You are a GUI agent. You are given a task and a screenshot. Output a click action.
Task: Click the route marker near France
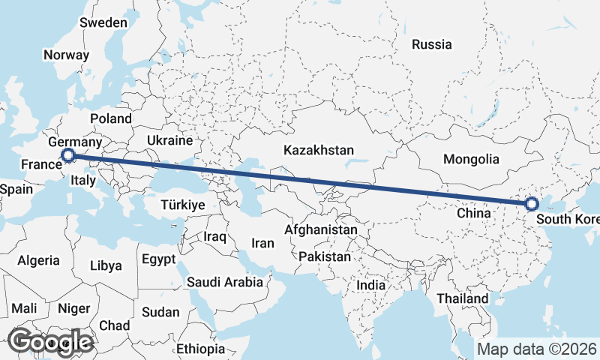[68, 155]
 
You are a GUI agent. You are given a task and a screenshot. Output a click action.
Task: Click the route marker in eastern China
[531, 203]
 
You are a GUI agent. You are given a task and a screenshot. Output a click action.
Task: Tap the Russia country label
[432, 44]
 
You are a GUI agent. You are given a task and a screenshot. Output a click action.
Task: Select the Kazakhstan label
[318, 151]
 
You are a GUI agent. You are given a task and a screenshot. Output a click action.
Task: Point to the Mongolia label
[471, 159]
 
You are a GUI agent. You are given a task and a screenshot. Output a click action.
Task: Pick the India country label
[370, 285]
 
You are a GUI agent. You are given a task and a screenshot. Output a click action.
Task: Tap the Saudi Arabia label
[225, 283]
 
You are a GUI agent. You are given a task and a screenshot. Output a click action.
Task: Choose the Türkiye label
[183, 205]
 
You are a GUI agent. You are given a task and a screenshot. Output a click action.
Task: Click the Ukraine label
[169, 140]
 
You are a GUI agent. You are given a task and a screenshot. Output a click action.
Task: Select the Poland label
[111, 118]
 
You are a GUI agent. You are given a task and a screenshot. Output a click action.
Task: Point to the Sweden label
[103, 22]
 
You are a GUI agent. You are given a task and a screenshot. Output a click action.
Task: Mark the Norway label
[66, 55]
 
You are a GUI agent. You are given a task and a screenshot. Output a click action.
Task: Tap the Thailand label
[463, 298]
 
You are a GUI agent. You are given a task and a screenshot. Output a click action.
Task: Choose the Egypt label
[158, 259]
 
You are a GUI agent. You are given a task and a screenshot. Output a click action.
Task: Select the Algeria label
[38, 260]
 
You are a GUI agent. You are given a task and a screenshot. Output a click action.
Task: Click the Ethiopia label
[200, 349]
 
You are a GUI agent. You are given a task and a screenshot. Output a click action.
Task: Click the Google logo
[50, 341]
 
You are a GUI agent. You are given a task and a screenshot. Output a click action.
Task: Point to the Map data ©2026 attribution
[537, 349]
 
